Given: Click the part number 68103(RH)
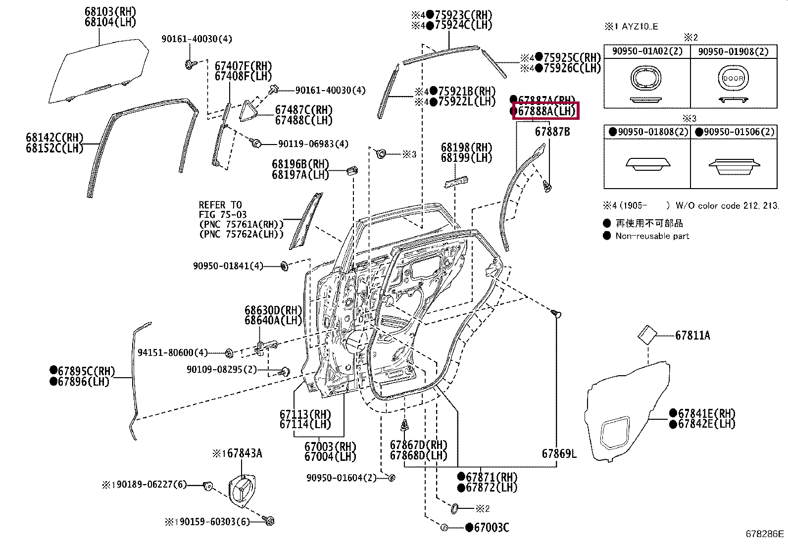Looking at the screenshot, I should click(110, 12).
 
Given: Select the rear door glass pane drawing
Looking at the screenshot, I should click(99, 72).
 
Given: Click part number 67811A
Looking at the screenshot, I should click(692, 336).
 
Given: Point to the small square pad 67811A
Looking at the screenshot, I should click(646, 335).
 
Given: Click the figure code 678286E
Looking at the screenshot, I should click(765, 534).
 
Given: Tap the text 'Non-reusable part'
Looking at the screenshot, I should click(652, 236).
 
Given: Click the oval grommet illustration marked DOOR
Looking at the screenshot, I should click(733, 78).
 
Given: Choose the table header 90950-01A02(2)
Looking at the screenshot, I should click(647, 51).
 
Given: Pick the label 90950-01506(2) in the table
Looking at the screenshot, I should click(739, 132).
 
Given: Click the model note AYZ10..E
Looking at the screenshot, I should click(640, 27).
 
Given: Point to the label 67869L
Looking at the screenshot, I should click(559, 453).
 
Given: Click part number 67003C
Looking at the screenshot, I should click(491, 528).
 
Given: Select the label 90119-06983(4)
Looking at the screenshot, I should click(313, 144).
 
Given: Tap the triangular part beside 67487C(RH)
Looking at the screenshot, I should click(250, 112).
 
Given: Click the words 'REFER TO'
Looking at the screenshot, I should click(220, 205).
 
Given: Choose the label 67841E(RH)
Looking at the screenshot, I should click(706, 414).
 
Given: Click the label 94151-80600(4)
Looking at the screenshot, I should click(172, 352).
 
